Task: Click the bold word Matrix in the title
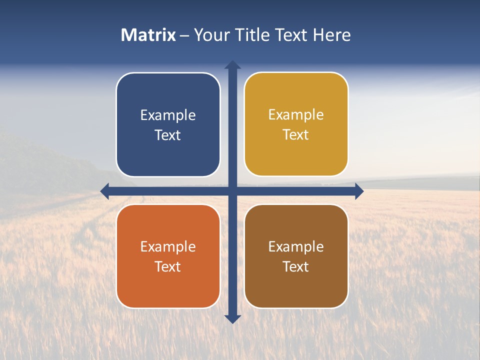[148, 35]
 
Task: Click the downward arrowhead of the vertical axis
[232, 318]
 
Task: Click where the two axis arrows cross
[232, 191]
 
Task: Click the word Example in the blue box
[168, 115]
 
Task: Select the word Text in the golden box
[296, 135]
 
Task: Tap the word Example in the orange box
[168, 246]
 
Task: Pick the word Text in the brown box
[296, 266]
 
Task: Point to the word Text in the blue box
[168, 135]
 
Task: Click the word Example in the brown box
[296, 246]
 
